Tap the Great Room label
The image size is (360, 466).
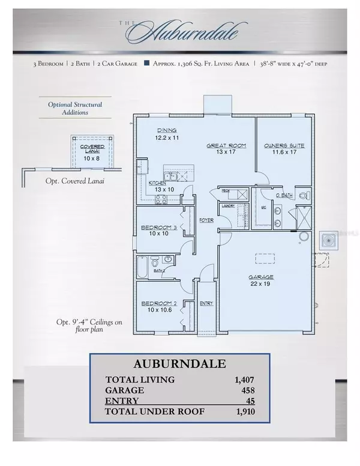click(223, 146)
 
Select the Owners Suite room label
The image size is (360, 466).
click(284, 146)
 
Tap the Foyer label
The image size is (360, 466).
click(206, 220)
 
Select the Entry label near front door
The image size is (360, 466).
click(206, 303)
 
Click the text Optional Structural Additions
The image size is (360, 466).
click(75, 108)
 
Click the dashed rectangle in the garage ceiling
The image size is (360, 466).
click(265, 258)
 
